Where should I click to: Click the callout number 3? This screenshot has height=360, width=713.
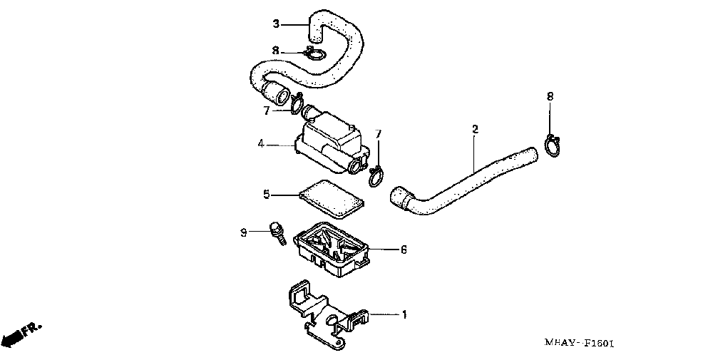click(276, 24)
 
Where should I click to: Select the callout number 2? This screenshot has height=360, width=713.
click(475, 129)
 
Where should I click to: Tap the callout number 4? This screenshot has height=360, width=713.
click(262, 145)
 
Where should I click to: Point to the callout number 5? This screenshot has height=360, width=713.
click(265, 193)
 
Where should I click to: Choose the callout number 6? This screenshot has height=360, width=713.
click(404, 250)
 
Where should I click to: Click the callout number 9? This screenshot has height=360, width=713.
click(243, 232)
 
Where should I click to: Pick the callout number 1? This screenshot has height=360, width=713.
click(404, 314)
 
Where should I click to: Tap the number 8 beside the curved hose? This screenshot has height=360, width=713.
click(276, 51)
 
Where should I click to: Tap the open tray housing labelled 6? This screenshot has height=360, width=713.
click(334, 249)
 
